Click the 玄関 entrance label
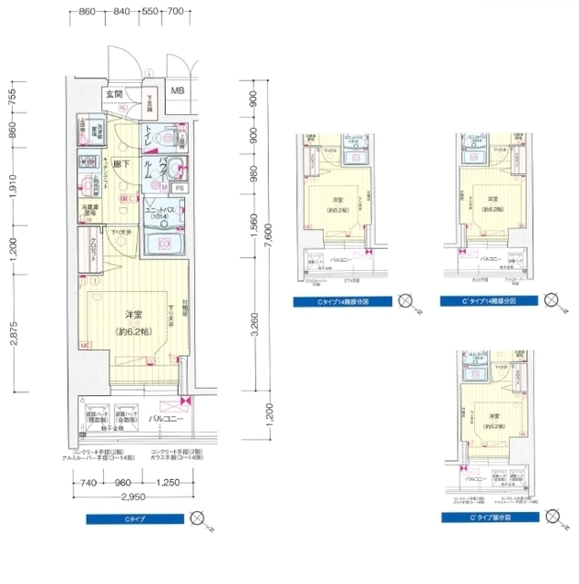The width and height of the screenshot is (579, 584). tap(113, 93)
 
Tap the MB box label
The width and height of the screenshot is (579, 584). tap(178, 91)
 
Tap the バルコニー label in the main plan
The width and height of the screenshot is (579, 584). tap(166, 419)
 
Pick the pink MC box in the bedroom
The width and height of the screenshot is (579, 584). tap(84, 345)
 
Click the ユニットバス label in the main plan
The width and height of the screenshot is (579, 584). tap(162, 210)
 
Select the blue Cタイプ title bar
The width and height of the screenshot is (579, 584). tap(134, 518)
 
